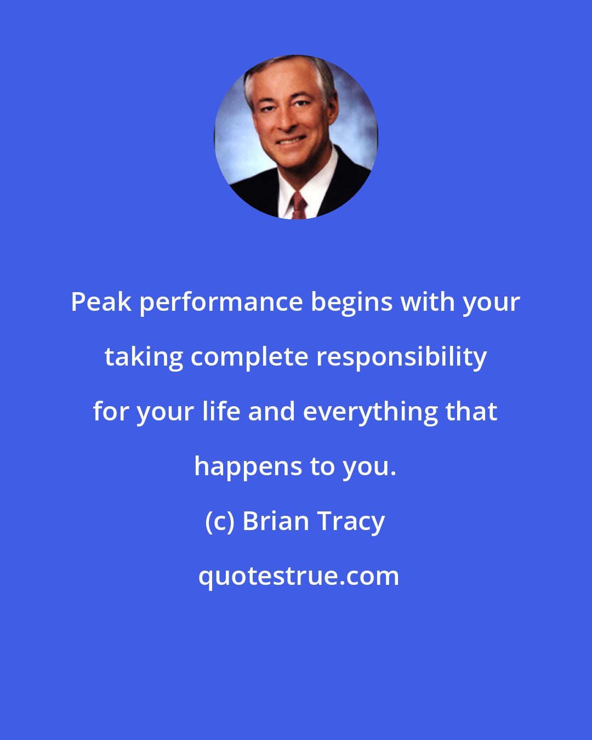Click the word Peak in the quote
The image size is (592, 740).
click(101, 302)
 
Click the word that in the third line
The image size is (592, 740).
click(471, 412)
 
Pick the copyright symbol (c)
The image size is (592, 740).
click(219, 521)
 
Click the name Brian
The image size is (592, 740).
click(276, 521)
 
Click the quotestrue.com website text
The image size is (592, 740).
click(299, 577)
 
